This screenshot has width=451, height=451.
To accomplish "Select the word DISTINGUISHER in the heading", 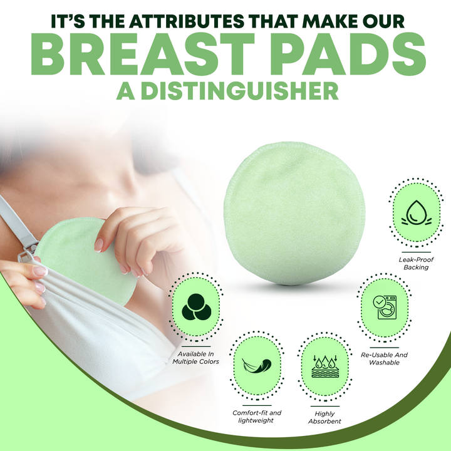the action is tap(239, 91).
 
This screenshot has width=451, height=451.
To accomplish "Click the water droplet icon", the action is tap(416, 213).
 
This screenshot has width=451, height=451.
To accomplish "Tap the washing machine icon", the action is tap(385, 307).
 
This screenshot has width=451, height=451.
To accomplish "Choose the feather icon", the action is tap(257, 365).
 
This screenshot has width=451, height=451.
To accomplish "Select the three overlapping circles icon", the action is tap(196, 307).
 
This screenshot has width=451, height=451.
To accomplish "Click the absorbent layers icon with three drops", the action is tap(325, 366).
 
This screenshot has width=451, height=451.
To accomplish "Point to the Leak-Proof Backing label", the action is tap(416, 263).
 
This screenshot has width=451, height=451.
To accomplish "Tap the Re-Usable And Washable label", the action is tap(384, 359).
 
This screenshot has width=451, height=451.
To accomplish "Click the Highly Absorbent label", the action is tap(324, 417).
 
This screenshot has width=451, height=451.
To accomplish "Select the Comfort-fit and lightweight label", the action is tap(257, 417).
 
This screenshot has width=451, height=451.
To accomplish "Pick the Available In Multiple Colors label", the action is tap(196, 358).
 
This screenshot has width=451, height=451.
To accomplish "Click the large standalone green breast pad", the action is tap(294, 213).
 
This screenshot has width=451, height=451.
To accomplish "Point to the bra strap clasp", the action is tap(28, 250).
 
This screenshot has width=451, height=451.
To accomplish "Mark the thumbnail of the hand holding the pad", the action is tap(99, 244).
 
